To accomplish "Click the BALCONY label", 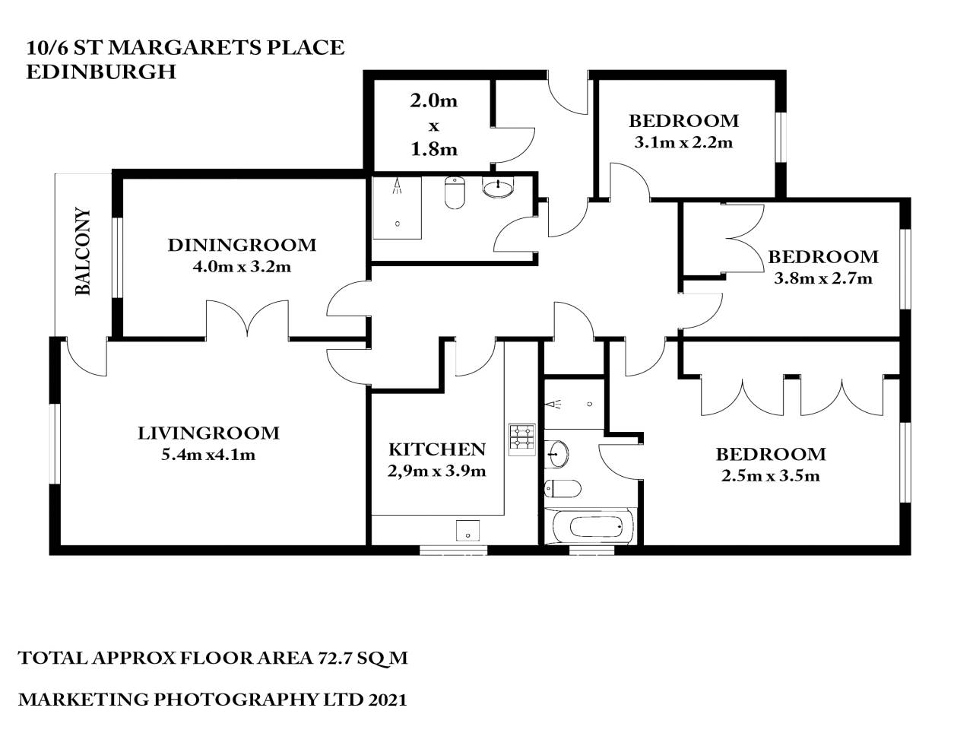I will coord(83,252).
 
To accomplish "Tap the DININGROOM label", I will coord(242,245).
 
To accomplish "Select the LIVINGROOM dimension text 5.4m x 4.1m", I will coord(208,455).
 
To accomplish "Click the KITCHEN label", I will coord(436,449).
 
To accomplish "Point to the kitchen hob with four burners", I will coord(521,439).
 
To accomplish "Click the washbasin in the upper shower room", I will coord(498,187).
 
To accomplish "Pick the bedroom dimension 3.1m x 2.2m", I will coord(683,142).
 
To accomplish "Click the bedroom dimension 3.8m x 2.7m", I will coord(822,278).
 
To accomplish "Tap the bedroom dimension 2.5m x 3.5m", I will coord(770,476).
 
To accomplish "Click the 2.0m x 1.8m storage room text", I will coord(434,125).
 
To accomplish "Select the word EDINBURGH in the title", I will coord(100,71).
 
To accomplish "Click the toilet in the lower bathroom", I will coord(563,487).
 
